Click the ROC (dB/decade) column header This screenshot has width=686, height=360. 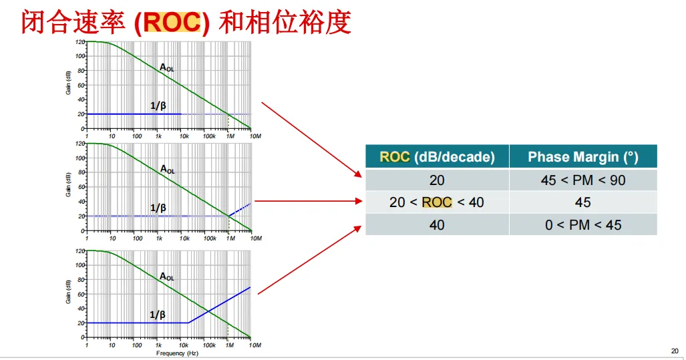[437, 157]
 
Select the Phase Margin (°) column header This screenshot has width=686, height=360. [582, 157]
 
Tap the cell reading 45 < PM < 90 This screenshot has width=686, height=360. [582, 180]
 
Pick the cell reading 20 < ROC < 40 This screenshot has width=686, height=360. [437, 202]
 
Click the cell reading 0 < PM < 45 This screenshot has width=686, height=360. [582, 225]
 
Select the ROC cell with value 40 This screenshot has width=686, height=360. [437, 225]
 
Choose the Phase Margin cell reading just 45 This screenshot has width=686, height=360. [582, 202]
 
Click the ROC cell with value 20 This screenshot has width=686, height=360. [437, 180]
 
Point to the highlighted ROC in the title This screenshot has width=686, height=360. [172, 23]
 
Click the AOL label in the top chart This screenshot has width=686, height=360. [166, 67]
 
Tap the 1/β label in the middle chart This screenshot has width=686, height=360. [158, 208]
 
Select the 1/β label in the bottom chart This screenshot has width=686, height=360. [158, 315]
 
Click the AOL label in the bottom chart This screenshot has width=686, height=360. [166, 276]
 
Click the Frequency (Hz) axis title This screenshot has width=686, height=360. [177, 353]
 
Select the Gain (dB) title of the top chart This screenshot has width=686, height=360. [68, 83]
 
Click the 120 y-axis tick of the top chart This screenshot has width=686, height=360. [80, 41]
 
